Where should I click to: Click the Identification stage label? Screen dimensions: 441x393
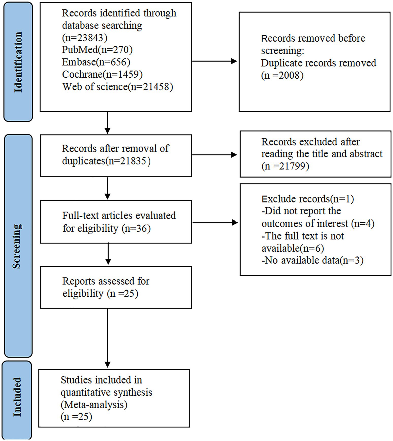(18, 62)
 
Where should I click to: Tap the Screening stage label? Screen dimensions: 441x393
(17, 246)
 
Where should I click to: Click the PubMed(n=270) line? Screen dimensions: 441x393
(97, 50)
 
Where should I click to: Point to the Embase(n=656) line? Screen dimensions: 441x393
(96, 62)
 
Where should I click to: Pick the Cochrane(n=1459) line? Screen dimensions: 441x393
(102, 74)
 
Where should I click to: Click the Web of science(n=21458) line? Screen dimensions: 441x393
(118, 87)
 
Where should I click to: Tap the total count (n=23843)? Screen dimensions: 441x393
(85, 38)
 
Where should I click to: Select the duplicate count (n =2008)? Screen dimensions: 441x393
(282, 75)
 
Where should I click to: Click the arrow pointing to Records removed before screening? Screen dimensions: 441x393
(215, 61)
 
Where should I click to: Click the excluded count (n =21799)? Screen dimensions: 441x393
(285, 166)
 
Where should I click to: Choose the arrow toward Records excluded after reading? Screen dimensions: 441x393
(215, 155)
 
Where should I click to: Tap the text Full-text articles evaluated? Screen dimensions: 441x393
(119, 216)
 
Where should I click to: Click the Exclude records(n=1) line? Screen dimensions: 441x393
(307, 199)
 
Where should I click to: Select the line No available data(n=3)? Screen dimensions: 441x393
(312, 260)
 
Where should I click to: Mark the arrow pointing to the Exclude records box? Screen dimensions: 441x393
(215, 223)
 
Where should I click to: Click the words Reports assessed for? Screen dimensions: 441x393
(106, 281)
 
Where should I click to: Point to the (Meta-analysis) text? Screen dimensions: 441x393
(94, 404)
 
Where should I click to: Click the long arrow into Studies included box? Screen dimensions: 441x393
(107, 337)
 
